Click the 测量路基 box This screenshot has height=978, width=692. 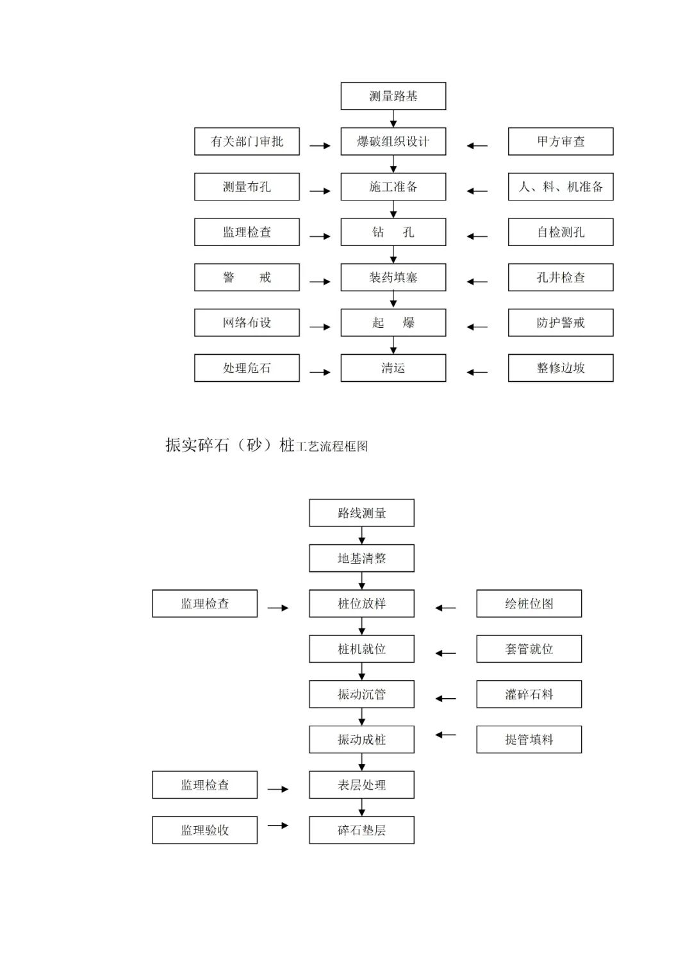pos(393,96)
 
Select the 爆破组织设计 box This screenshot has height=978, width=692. pos(393,142)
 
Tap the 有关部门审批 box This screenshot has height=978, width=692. pos(247,142)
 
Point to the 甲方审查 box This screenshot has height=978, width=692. pos(561,142)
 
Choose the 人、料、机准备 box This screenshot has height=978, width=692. pos(561,187)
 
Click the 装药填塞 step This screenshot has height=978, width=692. pos(393,277)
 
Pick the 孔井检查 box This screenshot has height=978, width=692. pos(561,277)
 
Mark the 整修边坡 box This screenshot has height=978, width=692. pos(561,368)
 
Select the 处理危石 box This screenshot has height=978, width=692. pos(247,368)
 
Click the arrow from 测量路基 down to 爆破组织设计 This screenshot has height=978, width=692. pos(393,118)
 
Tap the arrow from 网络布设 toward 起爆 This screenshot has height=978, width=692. pos(320,327)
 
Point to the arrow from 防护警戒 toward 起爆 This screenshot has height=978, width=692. pos(477,327)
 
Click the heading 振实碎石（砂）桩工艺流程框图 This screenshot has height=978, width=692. pos(267,445)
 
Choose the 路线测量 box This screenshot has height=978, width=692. pos(361,513)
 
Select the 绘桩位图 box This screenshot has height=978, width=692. pos(529,604)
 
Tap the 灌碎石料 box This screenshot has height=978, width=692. pos(529,694)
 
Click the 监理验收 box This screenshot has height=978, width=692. pos(204,830)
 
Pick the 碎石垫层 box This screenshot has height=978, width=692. pos(361,830)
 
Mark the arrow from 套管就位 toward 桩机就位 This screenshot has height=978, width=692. pos(446,653)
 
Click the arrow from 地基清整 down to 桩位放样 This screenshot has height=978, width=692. pos(362,581)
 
